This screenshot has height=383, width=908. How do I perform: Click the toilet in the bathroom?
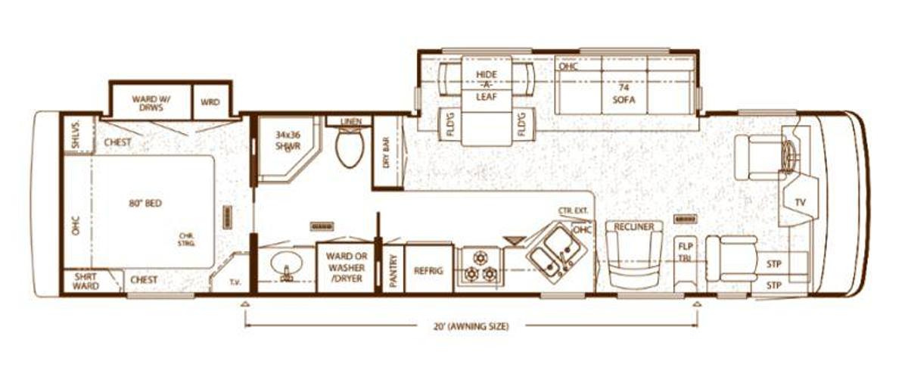point(350,149)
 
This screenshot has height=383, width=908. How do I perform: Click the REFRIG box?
point(428,270)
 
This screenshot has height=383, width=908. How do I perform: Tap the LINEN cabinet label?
point(350,121)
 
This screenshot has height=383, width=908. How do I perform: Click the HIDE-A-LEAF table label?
point(487,85)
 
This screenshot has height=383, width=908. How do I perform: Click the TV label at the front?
point(801,202)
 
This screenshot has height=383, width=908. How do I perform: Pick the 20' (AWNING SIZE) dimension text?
point(471,326)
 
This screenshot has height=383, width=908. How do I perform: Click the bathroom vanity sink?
point(287,266)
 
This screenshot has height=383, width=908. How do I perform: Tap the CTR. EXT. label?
point(574,210)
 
